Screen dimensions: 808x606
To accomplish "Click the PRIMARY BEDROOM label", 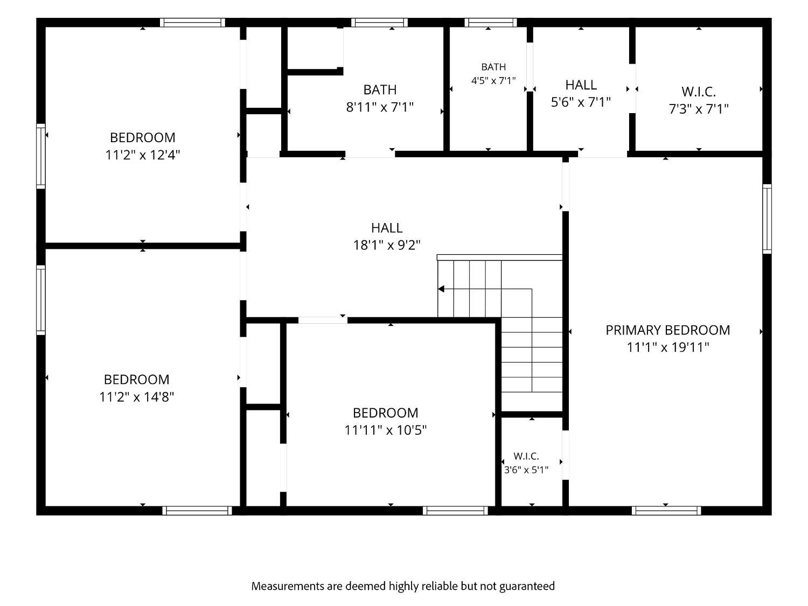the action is [x=667, y=330].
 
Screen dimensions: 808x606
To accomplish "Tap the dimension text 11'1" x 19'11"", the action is [x=668, y=347].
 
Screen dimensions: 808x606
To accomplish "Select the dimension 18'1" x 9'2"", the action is [x=387, y=245].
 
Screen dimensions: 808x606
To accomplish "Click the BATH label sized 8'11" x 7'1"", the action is [x=380, y=89].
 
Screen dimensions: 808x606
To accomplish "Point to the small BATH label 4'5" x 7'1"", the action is [x=493, y=67].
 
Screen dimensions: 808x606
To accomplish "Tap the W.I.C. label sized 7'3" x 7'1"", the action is [x=698, y=91].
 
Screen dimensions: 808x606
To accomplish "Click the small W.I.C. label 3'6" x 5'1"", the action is [x=526, y=456].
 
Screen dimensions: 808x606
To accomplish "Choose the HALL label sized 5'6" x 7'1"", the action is [x=581, y=85].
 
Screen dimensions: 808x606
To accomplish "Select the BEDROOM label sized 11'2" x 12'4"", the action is [x=142, y=137].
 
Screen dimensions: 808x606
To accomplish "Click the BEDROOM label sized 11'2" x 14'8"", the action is [x=137, y=379].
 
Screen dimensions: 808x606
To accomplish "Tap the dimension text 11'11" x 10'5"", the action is [x=385, y=430].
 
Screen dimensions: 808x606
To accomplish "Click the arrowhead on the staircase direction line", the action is [x=441, y=289].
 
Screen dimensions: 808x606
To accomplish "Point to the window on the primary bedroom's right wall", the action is [x=767, y=219].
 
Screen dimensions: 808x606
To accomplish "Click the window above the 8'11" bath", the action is [x=379, y=23].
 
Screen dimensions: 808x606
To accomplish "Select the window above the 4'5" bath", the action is [x=490, y=23].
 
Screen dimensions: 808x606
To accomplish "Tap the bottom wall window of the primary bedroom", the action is [x=666, y=510].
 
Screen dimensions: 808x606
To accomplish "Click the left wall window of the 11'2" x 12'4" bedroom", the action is [x=41, y=156].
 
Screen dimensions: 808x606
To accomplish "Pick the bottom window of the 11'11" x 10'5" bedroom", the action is [x=455, y=510].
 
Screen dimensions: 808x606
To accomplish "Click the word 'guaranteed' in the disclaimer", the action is [x=527, y=586].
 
